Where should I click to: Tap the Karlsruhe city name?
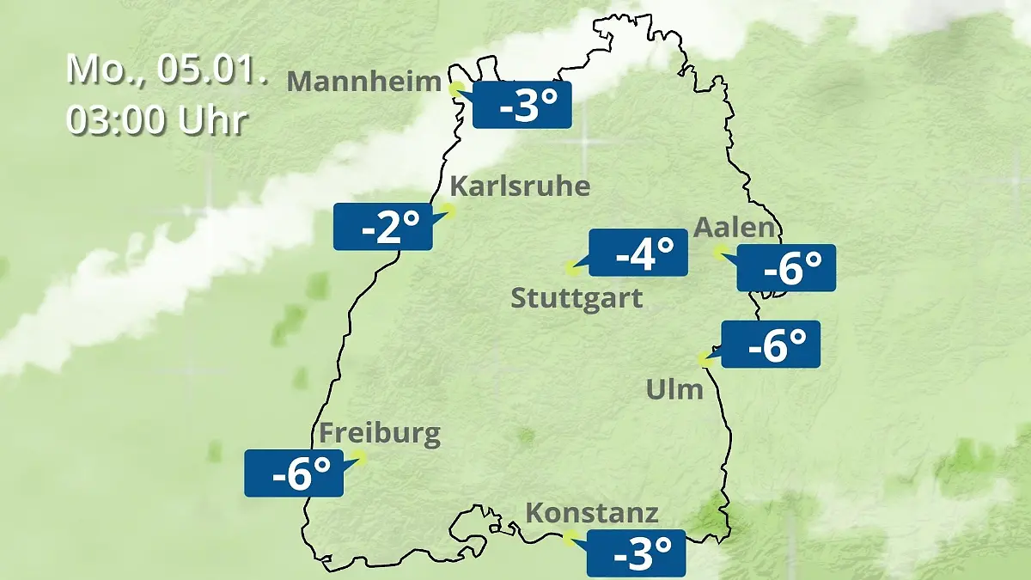pos(520,186)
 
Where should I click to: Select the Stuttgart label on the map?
pos(577,299)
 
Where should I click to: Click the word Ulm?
pos(674,390)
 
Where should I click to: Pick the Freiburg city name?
pos(379,433)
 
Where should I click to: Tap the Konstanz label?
pos(591,514)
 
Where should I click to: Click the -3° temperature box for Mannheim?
pos(522,105)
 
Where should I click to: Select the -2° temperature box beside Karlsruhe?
pos(382,227)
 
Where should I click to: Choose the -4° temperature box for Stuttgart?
pos(638,253)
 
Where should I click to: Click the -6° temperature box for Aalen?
pos(786,268)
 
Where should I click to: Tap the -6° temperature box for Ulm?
pos(771,345)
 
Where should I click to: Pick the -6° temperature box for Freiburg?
pos(294,473)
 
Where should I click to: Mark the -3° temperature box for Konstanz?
pos(636,553)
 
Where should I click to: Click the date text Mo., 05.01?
pos(167,70)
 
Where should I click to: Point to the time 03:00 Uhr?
pos(156,120)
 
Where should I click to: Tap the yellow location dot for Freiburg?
pos(359,458)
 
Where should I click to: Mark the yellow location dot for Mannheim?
pos(456,88)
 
